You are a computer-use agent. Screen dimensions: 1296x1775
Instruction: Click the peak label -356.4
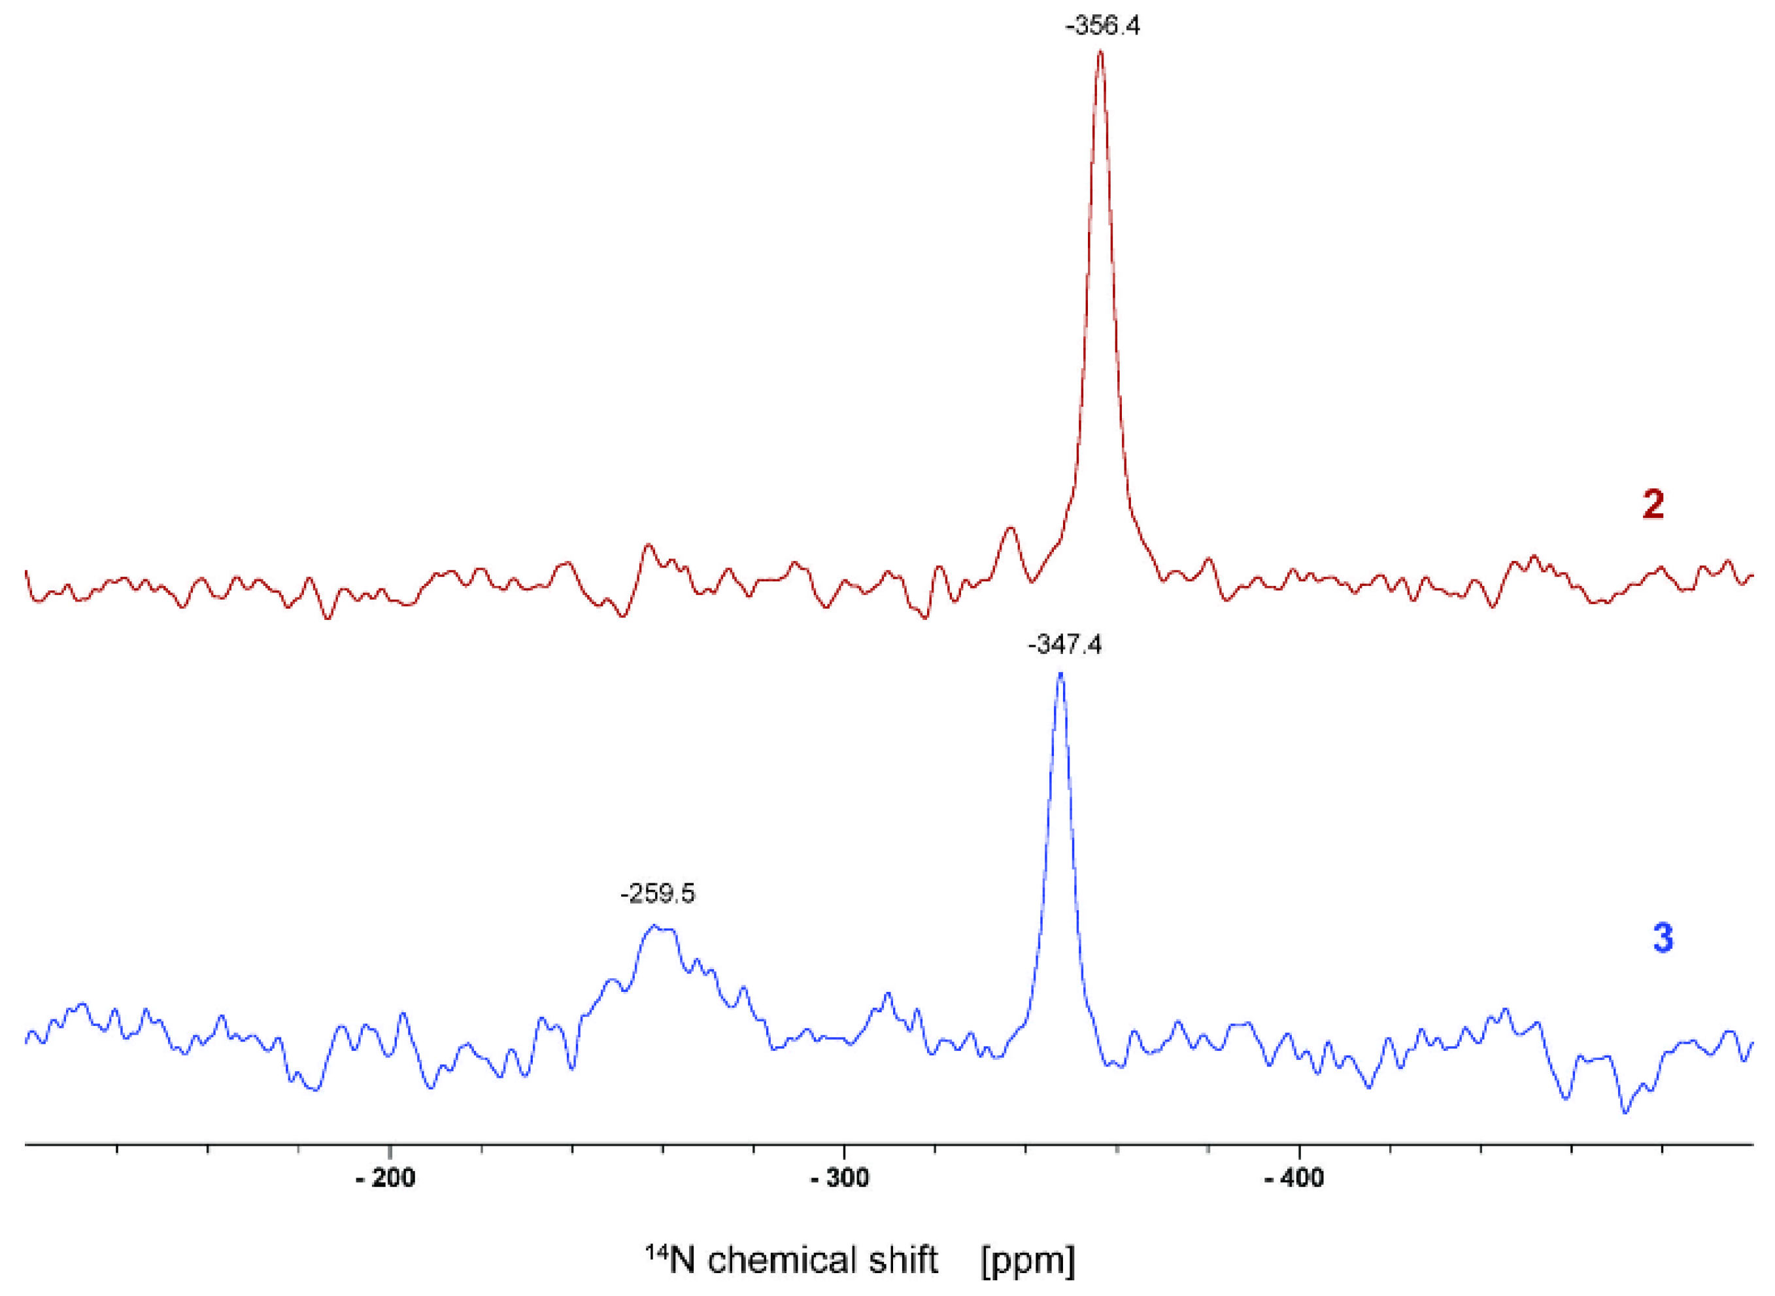pyautogui.click(x=1102, y=26)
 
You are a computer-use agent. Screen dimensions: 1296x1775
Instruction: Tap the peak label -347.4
pyautogui.click(x=1064, y=645)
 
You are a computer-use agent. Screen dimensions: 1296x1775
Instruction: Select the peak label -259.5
pyautogui.click(x=657, y=894)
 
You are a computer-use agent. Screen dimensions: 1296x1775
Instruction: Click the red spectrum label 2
pyautogui.click(x=1653, y=504)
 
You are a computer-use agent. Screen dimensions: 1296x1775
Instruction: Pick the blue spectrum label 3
pyautogui.click(x=1663, y=938)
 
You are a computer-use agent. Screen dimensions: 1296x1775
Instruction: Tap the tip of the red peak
pyautogui.click(x=1100, y=52)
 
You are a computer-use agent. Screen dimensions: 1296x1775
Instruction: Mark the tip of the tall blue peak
pyautogui.click(x=1060, y=673)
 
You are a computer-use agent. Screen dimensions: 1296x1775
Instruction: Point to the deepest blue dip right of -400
pyautogui.click(x=1625, y=1112)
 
